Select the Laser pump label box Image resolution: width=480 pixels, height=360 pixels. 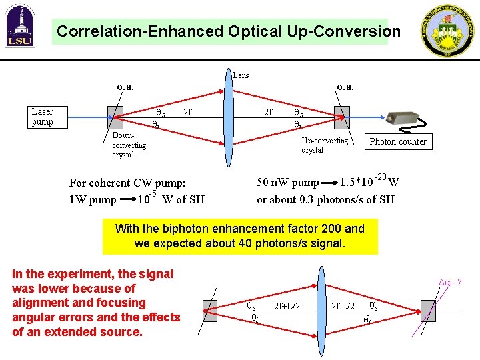coord(43,117)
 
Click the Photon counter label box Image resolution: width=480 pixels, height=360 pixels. coord(397,141)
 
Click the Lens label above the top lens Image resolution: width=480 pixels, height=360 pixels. coord(241,75)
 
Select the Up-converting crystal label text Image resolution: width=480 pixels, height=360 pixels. coord(324,145)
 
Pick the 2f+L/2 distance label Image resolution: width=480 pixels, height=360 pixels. coord(288,306)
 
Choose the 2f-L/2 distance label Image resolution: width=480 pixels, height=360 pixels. coord(345,306)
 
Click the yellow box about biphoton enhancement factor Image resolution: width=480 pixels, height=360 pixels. coord(240,236)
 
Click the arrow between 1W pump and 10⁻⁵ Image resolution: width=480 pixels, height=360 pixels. coord(127,199)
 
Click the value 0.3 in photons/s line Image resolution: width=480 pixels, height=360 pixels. coord(309,199)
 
